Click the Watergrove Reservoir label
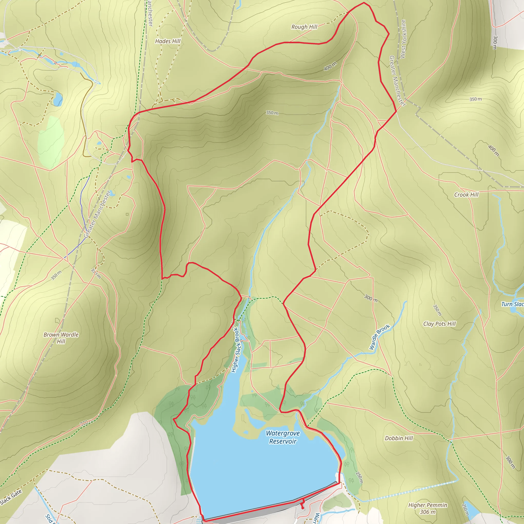[x=283, y=437]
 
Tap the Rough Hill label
[x=304, y=27]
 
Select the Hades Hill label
[x=168, y=41]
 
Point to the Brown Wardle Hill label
[x=61, y=338]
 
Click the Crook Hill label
[x=466, y=195]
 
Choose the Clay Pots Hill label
[x=439, y=324]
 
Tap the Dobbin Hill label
[x=399, y=438]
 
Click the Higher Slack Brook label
[x=235, y=350]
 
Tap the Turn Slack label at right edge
[x=512, y=304]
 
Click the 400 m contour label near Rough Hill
[x=330, y=66]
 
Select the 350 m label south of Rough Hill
[x=272, y=113]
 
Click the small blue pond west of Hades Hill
[x=58, y=99]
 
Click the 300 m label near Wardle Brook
[x=370, y=298]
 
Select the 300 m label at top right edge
[x=495, y=42]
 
